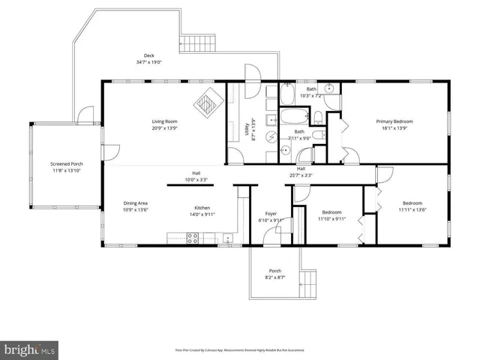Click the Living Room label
[x=164, y=121]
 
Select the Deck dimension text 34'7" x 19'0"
[x=149, y=62]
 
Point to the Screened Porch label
[x=67, y=163]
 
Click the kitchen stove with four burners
[x=192, y=238]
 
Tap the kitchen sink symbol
[x=226, y=239]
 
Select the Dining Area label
[x=136, y=203]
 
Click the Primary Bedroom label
[x=394, y=121]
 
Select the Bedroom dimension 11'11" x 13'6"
[x=412, y=210]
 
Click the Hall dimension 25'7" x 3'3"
[x=301, y=175]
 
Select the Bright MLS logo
[x=30, y=349]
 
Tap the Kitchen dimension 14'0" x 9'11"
[x=202, y=214]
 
